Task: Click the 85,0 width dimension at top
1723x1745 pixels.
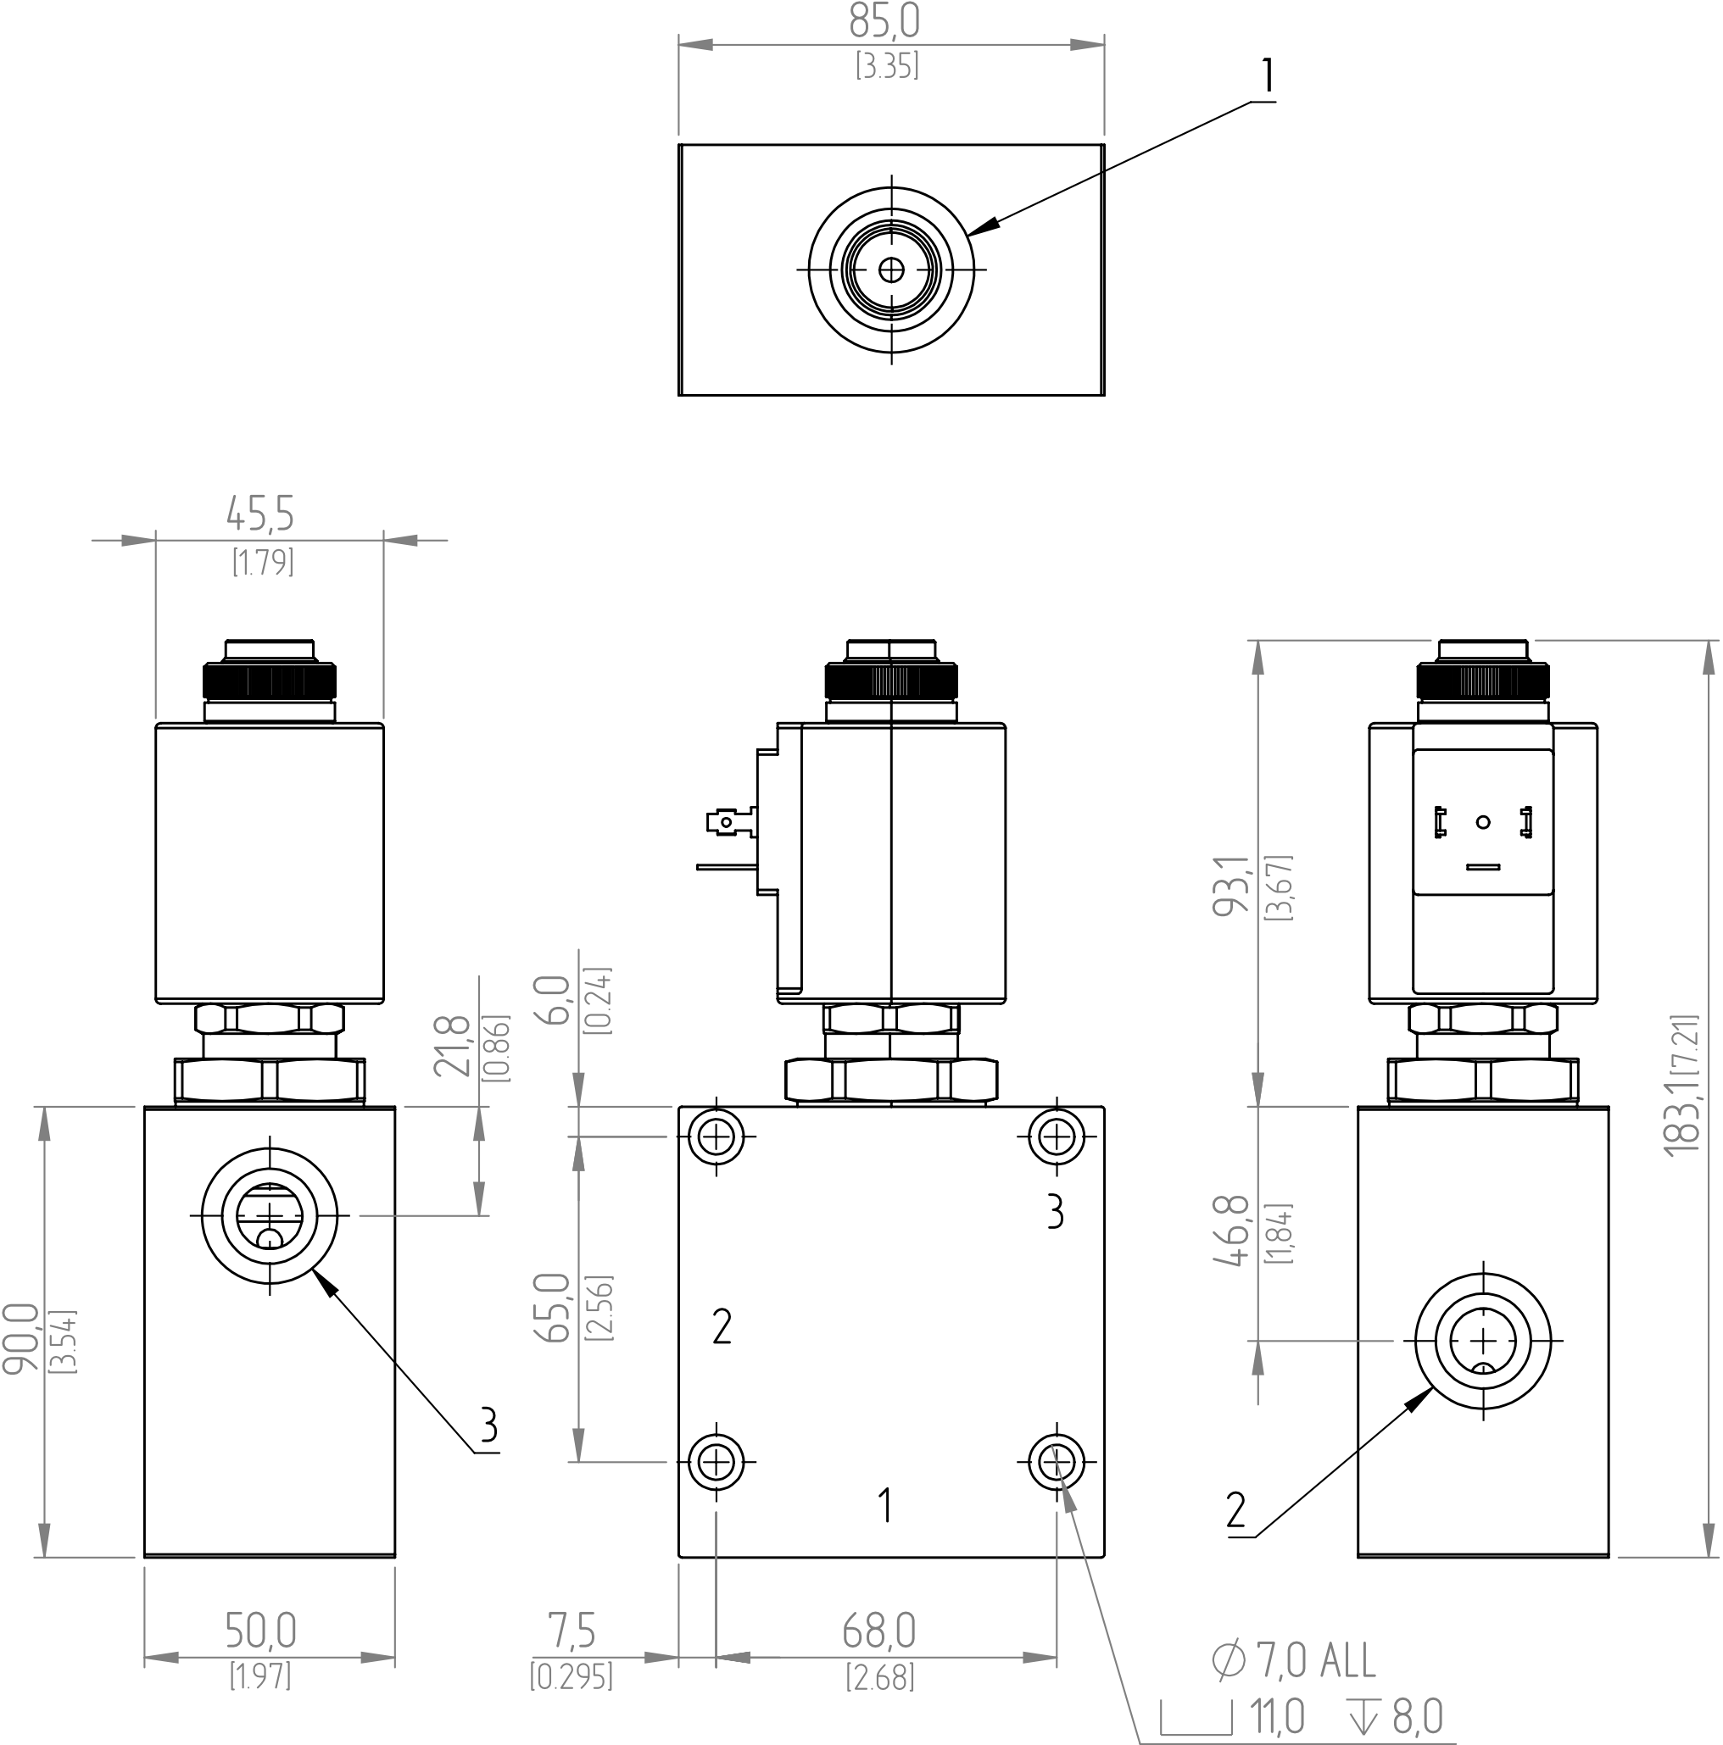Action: coord(884,22)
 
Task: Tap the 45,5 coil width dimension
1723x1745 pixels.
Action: coord(259,514)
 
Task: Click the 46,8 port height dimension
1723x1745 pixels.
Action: coord(1230,1231)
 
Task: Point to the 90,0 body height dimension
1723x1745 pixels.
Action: coord(20,1338)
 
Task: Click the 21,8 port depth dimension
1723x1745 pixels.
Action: coord(452,1046)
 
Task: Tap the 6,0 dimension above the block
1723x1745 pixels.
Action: coord(553,1000)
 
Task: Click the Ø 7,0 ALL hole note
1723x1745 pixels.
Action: coord(1293,1660)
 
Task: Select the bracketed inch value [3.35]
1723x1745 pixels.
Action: coord(887,66)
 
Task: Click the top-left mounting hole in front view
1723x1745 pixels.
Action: coord(716,1136)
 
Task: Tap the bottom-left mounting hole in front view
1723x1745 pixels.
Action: coord(716,1460)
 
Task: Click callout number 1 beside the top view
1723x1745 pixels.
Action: coord(1268,76)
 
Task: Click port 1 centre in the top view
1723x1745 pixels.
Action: coord(891,270)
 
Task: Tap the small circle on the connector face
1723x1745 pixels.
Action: coord(1483,822)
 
